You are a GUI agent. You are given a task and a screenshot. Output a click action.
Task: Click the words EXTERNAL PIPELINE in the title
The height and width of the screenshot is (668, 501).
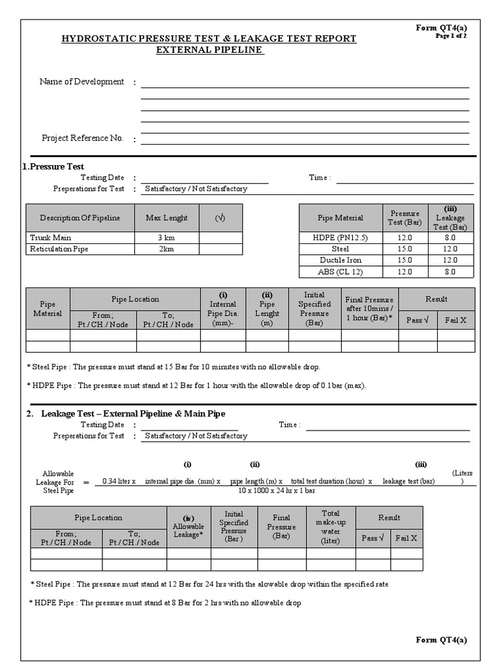pos(209,50)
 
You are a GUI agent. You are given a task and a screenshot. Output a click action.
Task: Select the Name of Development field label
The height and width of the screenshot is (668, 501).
pos(82,82)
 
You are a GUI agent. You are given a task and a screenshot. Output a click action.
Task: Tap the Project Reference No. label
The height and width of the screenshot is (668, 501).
pos(82,138)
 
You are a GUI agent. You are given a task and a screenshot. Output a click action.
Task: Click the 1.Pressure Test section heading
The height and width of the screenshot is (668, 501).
pos(53,166)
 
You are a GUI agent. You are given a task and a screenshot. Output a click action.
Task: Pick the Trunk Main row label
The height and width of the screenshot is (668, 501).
pos(50,237)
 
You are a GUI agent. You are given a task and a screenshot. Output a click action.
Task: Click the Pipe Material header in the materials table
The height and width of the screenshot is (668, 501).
pos(340,218)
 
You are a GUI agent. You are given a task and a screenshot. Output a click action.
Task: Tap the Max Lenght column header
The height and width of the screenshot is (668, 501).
pos(166,218)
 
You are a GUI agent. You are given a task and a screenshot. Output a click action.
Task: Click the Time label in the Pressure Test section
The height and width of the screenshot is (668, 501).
pos(319,177)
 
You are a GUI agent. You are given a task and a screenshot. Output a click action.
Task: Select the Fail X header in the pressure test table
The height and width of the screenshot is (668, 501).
pos(455,320)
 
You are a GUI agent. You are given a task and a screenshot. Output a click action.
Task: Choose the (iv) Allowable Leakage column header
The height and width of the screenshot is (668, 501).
pos(189,526)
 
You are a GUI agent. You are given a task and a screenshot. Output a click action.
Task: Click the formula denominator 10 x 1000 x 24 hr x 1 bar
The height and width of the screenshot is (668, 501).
pos(277,490)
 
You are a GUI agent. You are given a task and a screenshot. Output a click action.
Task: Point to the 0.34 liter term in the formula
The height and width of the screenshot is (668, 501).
pos(119,481)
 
